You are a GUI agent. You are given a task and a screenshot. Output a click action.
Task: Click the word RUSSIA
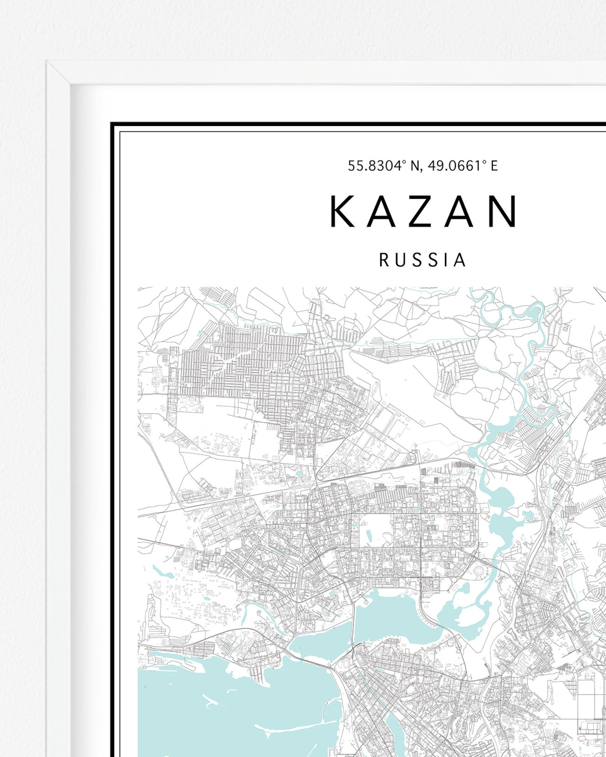[x=422, y=260]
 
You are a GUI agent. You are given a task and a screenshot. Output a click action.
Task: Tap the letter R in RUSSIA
[x=384, y=260]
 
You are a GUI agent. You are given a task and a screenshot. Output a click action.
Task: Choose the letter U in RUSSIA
[x=400, y=260]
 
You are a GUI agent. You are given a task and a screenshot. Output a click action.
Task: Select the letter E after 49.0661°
[x=494, y=166]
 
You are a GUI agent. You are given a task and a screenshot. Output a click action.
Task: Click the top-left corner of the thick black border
[x=111, y=124]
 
